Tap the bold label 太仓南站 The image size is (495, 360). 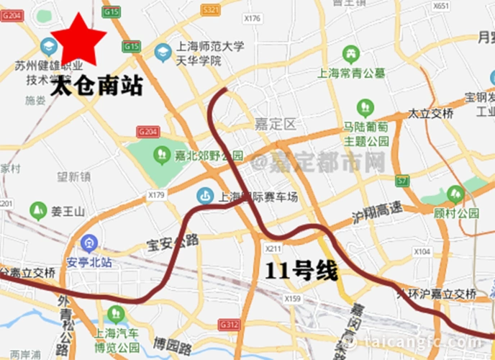tap(97, 87)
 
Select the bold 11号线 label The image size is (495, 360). tap(301, 271)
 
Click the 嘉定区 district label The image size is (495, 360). tap(275, 125)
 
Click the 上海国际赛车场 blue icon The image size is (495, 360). tap(205, 195)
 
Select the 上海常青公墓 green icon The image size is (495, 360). tap(350, 54)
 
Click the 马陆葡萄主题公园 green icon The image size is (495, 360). tap(365, 109)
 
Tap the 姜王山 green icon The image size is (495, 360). tap(38, 211)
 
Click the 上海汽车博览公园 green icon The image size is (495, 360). tap(115, 314)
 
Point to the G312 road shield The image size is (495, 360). tap(228, 325)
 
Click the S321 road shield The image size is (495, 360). tap(211, 10)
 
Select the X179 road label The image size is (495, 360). tap(157, 194)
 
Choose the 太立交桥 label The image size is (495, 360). tap(431, 114)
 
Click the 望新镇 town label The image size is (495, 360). tap(74, 176)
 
